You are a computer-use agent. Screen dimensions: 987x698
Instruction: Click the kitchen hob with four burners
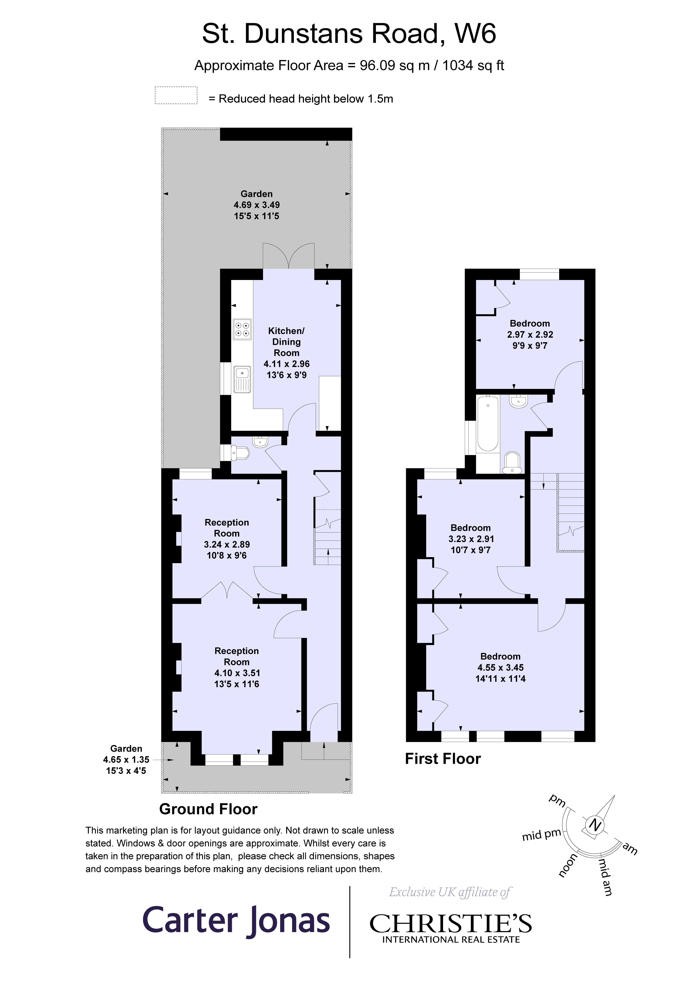coord(242,329)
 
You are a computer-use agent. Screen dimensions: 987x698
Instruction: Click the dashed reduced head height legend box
coord(176,95)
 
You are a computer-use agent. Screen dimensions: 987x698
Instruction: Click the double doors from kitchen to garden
coord(289,257)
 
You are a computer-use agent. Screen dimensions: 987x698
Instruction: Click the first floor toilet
coord(512,463)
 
